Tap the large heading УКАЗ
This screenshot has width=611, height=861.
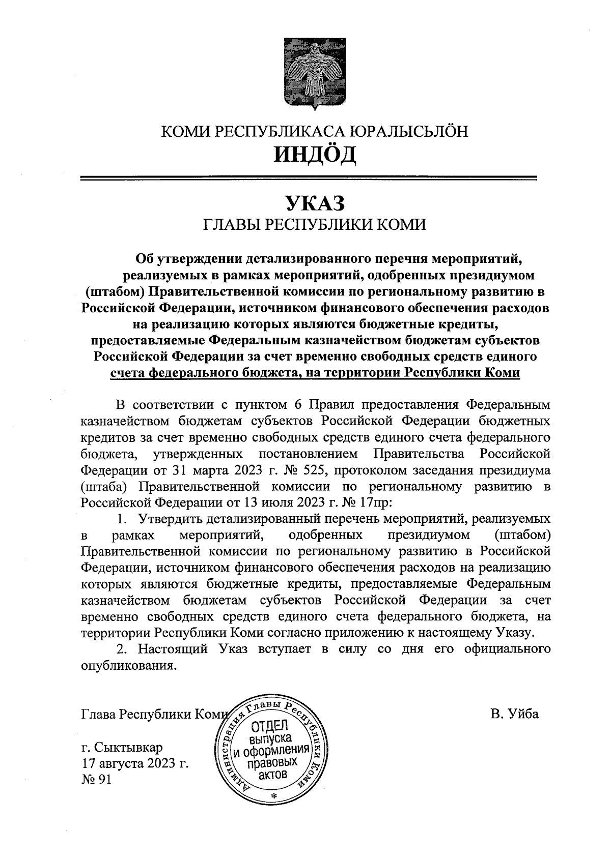(x=314, y=203)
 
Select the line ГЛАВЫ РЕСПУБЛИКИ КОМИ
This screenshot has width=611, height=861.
(x=314, y=224)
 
